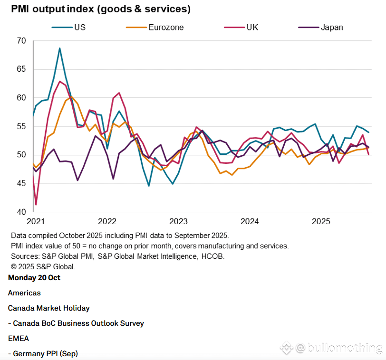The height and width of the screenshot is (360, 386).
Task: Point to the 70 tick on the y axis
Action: [21, 41]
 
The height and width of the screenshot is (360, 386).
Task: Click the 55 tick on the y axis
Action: [21, 126]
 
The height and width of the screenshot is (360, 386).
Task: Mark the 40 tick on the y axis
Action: [21, 212]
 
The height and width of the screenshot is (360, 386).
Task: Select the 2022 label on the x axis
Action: [107, 221]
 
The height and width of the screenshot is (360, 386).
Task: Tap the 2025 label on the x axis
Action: [321, 221]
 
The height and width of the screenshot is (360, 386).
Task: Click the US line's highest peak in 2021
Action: [59, 48]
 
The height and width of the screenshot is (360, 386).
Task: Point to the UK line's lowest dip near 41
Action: [36, 205]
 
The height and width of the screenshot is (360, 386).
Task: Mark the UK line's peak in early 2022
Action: [119, 93]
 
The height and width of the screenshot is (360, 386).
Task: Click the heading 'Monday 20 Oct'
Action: [34, 278]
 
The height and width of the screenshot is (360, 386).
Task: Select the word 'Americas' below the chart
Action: [24, 293]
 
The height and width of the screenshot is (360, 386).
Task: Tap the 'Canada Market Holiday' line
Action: [48, 308]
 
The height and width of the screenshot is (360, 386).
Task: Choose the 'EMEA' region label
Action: [19, 339]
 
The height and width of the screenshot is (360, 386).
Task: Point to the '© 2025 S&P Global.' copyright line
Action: [42, 266]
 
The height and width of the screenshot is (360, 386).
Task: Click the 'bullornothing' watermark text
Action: [345, 348]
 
